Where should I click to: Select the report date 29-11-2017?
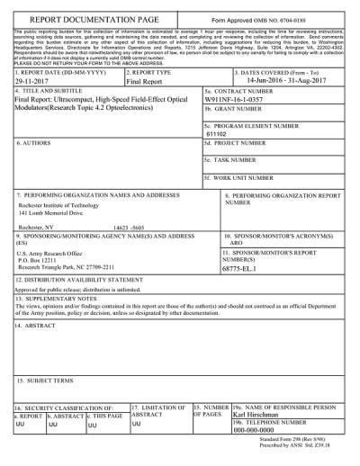pos(34,80)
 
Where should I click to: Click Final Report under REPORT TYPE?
pos(146,80)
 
